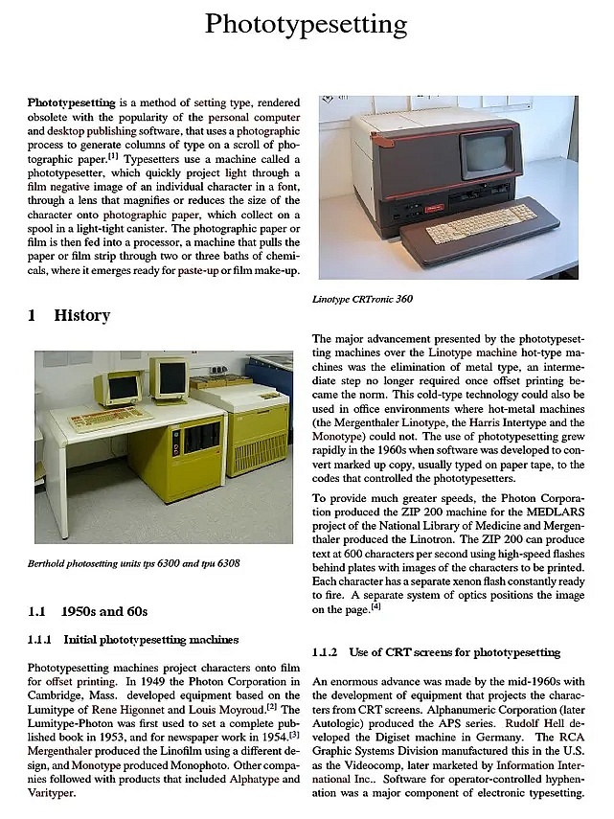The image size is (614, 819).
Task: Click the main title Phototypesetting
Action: coord(307,24)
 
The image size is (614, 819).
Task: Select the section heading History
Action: coord(81,315)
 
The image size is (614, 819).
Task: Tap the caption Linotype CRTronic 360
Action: coord(362,299)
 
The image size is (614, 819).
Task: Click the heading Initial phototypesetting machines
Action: coord(150,639)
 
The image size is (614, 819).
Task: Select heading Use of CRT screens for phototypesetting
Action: coord(454,652)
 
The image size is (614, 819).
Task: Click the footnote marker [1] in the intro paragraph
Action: coord(113,155)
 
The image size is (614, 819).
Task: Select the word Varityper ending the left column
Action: coord(54,793)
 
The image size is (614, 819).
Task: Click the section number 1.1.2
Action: coord(325,652)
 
